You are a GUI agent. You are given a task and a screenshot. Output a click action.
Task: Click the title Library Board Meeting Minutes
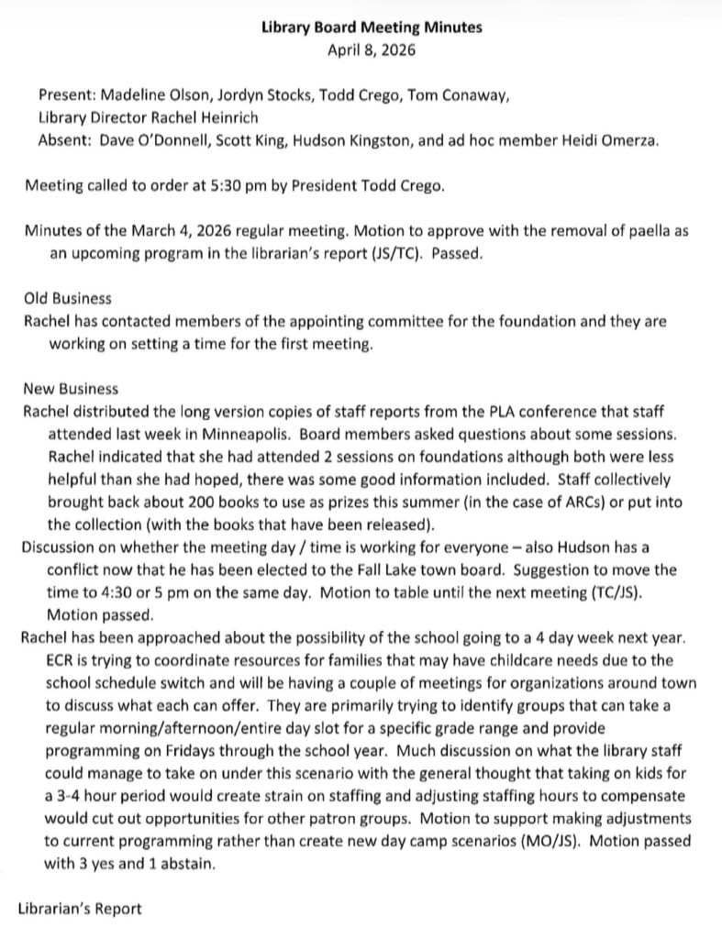372,28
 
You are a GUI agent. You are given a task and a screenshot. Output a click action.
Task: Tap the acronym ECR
59,659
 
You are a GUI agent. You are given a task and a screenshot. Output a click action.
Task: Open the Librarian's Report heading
80,908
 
